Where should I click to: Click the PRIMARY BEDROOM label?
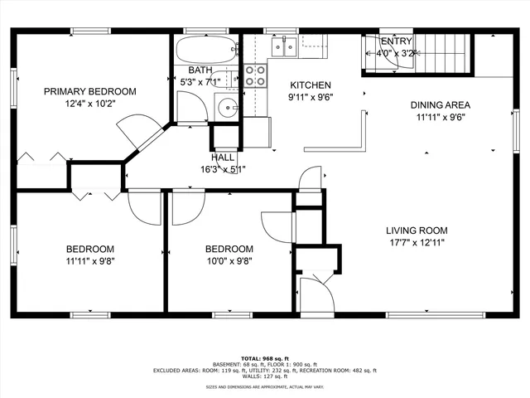click(x=89, y=91)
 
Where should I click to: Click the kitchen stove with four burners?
click(x=256, y=76)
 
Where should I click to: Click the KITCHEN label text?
click(x=310, y=85)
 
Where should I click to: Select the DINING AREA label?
click(x=441, y=105)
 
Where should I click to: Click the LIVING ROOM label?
click(x=416, y=231)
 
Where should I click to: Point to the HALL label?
click(x=223, y=157)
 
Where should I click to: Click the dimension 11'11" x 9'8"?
click(x=90, y=260)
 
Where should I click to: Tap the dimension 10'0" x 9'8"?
click(x=229, y=260)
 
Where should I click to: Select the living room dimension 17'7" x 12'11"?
click(x=416, y=242)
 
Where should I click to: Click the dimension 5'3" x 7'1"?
click(x=200, y=82)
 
